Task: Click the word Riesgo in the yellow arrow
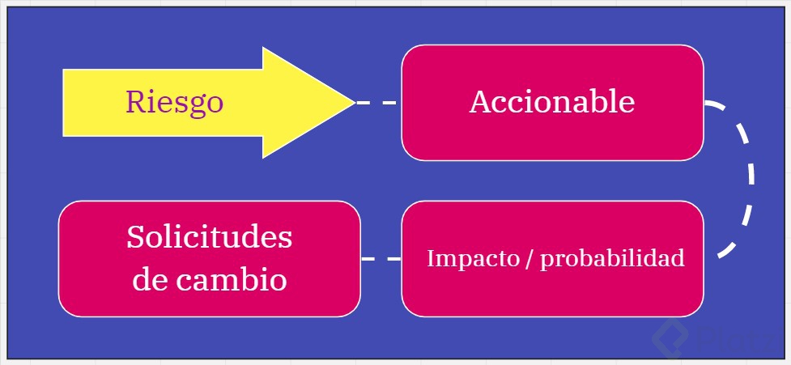click(x=174, y=103)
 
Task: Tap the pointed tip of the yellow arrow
click(x=353, y=103)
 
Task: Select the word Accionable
click(x=551, y=102)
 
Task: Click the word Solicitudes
click(x=209, y=238)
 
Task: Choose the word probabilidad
click(x=612, y=258)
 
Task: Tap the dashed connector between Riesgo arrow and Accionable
click(x=377, y=103)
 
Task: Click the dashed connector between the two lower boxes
click(x=381, y=259)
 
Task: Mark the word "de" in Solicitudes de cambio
click(x=149, y=280)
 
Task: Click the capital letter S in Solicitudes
click(x=136, y=238)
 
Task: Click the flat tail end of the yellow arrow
click(x=65, y=103)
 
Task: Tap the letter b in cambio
click(x=254, y=279)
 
